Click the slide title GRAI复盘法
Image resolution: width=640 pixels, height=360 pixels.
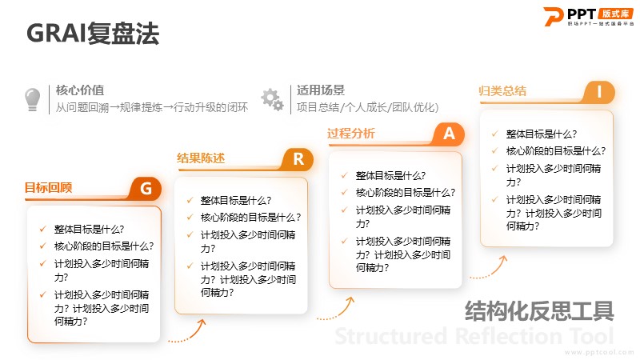[x=93, y=33]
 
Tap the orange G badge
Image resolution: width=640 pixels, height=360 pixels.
[x=146, y=189]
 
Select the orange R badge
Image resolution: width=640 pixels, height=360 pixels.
[x=298, y=159]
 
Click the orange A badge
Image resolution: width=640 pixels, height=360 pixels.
[x=449, y=134]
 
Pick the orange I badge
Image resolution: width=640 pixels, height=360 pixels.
[x=599, y=92]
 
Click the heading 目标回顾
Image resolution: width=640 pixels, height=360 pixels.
[x=49, y=188]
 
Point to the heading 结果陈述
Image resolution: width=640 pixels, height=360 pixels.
[x=201, y=158]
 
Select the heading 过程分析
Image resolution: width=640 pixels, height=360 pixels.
[x=351, y=133]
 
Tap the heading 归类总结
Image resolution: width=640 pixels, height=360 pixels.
[x=502, y=90]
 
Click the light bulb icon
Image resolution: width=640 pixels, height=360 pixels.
[x=33, y=99]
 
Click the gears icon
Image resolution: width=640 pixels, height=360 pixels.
[x=272, y=99]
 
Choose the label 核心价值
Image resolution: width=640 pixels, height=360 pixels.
[x=80, y=90]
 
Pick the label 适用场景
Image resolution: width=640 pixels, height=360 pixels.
[x=321, y=90]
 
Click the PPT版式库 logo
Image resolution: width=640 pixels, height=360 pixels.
[x=589, y=16]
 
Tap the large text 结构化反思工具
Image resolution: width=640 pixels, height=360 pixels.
[x=539, y=311]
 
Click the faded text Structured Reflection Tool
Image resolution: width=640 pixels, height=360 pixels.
[x=474, y=336]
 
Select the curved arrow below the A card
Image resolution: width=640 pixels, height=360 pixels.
[x=489, y=270]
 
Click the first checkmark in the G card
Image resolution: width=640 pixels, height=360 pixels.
[x=43, y=229]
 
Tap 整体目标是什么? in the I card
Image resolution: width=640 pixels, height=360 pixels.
[x=542, y=134]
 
